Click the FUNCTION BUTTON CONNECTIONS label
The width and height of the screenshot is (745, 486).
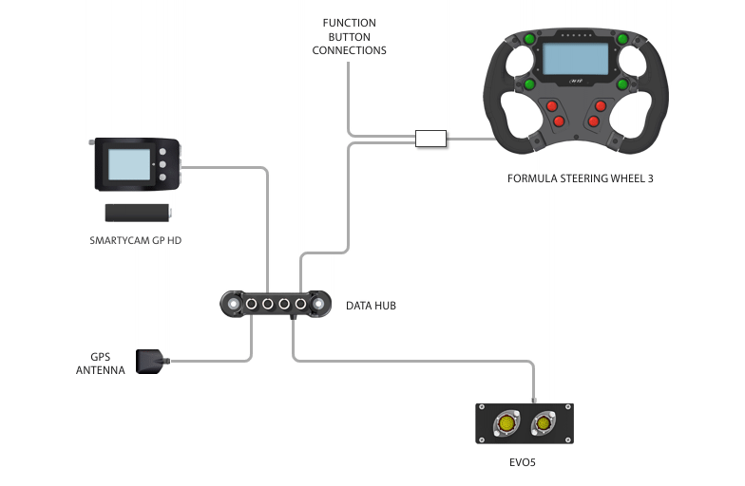(x=349, y=36)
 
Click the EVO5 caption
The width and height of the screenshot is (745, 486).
(x=525, y=465)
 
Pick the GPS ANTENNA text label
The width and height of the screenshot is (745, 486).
(x=101, y=364)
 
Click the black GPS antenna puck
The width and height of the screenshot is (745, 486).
(x=152, y=362)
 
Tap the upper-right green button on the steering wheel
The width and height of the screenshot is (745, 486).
(x=621, y=40)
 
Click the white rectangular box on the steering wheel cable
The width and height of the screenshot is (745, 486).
(x=430, y=140)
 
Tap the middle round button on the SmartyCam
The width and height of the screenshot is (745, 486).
(x=163, y=164)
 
